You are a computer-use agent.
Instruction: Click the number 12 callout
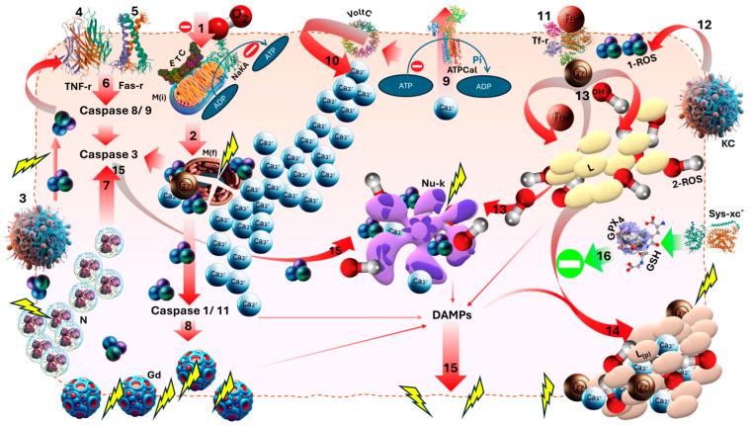pyautogui.click(x=703, y=22)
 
